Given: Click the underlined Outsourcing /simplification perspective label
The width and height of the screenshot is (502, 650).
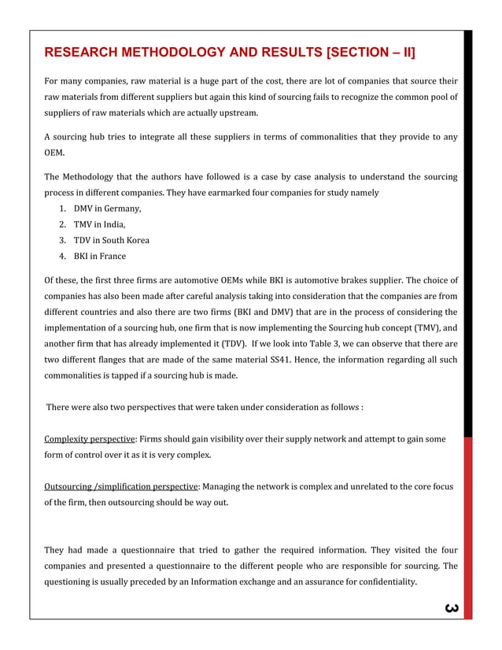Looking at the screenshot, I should point(122,486).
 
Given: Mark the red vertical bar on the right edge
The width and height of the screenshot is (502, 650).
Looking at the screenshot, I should point(467,527).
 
